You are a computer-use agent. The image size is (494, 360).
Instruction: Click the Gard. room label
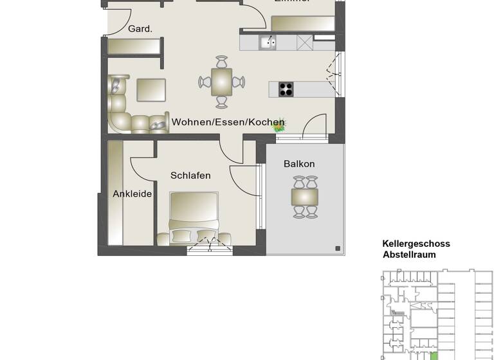(140, 29)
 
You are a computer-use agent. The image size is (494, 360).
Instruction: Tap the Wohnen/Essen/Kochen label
(228, 122)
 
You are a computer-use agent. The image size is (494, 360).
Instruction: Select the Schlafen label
(190, 175)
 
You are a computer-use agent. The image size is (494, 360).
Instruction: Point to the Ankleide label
(133, 194)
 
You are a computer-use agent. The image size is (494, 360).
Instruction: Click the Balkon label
(299, 164)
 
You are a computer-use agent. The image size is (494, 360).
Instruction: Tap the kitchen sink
(268, 43)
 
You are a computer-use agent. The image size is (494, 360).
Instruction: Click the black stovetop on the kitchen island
(286, 89)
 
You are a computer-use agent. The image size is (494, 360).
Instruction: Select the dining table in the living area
(222, 82)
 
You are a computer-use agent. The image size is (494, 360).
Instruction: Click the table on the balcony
(305, 197)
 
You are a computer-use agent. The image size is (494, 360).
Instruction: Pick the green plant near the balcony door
(279, 127)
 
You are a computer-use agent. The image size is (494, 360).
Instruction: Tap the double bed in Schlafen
(194, 219)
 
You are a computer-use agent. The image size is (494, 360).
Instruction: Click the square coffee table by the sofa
(151, 90)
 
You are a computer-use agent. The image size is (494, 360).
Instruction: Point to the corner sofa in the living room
(122, 109)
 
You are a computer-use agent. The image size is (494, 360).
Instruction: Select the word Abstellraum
(409, 255)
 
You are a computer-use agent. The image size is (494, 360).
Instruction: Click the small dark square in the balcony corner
(337, 248)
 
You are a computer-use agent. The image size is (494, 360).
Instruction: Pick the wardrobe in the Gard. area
(134, 47)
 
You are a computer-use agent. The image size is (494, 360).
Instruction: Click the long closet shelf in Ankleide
(115, 193)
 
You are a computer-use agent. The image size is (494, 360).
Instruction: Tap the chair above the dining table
(222, 62)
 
